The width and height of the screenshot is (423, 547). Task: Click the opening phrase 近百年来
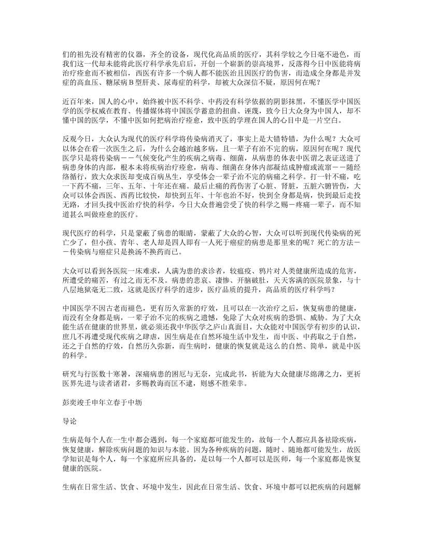76,102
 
